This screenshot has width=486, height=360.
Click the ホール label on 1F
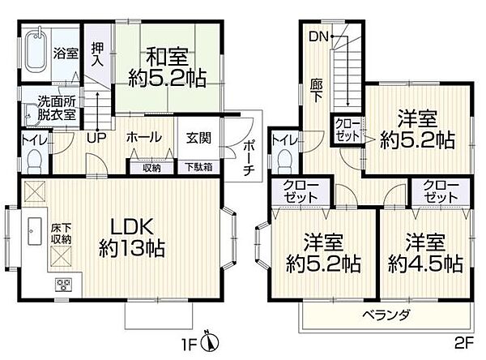(143, 138)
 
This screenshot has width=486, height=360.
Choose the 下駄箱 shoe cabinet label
(198, 168)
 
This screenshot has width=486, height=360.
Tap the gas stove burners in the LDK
(63, 285)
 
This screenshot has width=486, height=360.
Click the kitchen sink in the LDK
(36, 231)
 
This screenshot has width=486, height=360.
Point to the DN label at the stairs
(317, 37)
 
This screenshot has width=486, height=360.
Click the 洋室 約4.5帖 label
(424, 254)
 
